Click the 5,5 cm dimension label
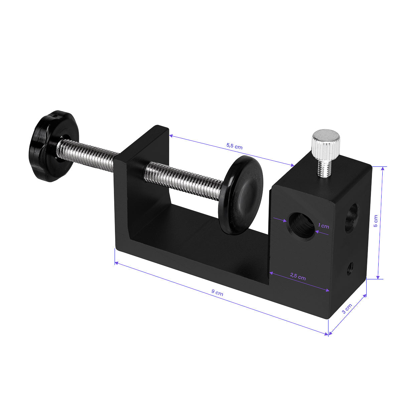(234, 146)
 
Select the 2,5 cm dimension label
(298, 277)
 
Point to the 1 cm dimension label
(323, 226)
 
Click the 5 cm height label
(376, 221)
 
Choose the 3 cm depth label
(347, 309)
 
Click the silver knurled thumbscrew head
(326, 141)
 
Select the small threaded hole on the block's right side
(350, 268)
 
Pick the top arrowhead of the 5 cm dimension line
(383, 168)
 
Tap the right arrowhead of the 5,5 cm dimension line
(292, 165)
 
